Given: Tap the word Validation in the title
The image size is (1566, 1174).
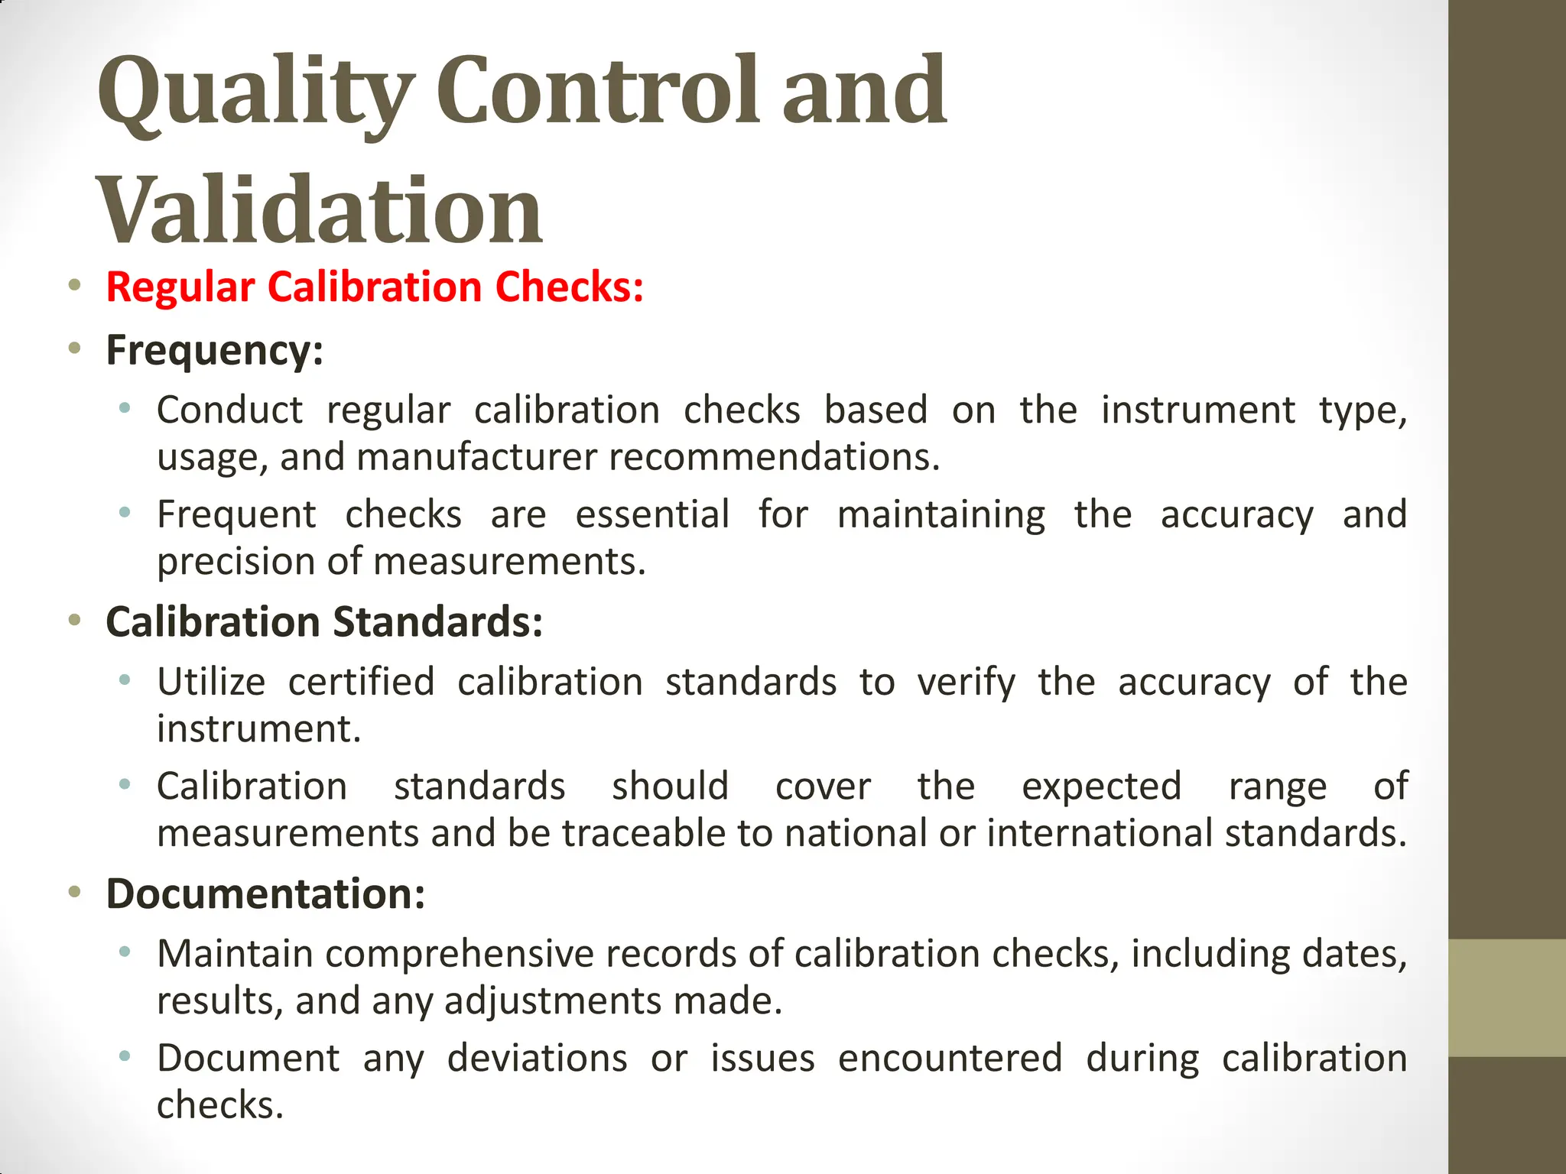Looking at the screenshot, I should (x=319, y=209).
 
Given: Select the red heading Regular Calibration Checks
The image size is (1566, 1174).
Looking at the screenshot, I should (x=375, y=287).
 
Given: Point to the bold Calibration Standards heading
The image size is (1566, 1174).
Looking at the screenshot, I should (x=324, y=621).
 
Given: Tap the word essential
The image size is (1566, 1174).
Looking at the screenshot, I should (x=652, y=514).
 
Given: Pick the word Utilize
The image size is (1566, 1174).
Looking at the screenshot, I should (x=211, y=681).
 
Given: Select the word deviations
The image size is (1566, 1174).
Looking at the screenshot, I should (x=537, y=1059).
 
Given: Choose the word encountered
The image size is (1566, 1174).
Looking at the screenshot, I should (x=950, y=1059).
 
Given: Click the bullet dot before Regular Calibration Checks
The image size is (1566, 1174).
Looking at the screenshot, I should (x=74, y=286).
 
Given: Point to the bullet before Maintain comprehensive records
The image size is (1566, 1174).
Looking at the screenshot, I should (x=125, y=952).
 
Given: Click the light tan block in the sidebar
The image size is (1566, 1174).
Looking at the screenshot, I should (x=1506, y=997).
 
